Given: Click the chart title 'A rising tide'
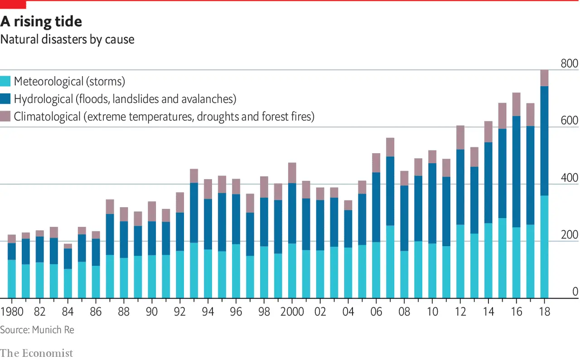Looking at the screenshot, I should (x=41, y=21).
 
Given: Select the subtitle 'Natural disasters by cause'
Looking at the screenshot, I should (x=67, y=39).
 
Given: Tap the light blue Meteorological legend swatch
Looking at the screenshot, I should (x=5, y=82).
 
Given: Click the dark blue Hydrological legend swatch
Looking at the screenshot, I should (x=5, y=99).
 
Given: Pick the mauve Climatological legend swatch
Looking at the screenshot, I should (x=5, y=117).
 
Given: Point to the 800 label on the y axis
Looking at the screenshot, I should (x=569, y=64).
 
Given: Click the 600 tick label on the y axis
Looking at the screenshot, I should (x=569, y=121).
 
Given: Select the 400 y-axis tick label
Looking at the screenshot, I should (x=569, y=178).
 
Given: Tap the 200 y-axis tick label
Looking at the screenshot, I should (x=569, y=235).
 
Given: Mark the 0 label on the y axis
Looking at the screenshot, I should (x=575, y=292).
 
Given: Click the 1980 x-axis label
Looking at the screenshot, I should (x=12, y=312).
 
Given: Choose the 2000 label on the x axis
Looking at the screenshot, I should (x=292, y=312).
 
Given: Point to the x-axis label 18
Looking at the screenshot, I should (x=544, y=312).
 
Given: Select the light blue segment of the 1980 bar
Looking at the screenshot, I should (x=12, y=279).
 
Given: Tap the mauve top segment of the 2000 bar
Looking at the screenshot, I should (x=292, y=173).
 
